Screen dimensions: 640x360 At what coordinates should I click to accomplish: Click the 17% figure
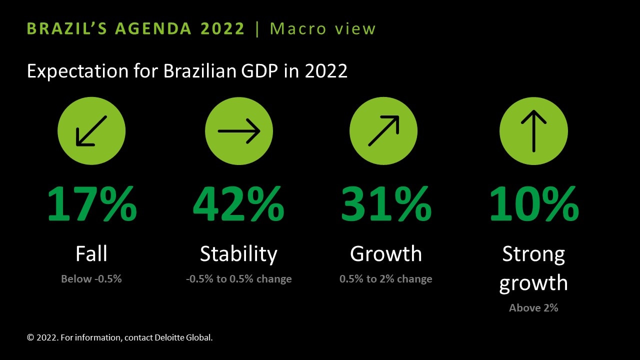[92, 203]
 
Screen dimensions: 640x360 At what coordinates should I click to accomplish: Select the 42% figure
[238, 203]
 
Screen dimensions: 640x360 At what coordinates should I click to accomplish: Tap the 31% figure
[386, 203]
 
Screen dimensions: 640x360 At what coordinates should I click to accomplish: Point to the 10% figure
[534, 203]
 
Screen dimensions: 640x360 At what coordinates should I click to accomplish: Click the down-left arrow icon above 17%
[91, 131]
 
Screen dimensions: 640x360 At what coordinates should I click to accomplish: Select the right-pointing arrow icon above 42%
[239, 131]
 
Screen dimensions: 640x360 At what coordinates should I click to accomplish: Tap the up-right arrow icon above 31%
[383, 131]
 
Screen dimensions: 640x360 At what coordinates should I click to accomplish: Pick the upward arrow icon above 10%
[533, 131]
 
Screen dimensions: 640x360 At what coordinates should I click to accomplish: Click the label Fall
[91, 253]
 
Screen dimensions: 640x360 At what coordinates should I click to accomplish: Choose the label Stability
[238, 254]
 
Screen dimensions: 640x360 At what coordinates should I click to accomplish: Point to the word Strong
[533, 254]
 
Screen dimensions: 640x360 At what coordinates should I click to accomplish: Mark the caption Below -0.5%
[91, 279]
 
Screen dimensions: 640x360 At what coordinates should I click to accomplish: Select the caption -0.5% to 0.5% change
[239, 279]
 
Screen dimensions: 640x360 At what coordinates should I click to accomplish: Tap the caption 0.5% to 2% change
[385, 279]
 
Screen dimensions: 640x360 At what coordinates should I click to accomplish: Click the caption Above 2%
[533, 308]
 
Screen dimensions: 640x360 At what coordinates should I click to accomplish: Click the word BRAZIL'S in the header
[67, 28]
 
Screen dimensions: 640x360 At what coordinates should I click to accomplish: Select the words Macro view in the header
[322, 28]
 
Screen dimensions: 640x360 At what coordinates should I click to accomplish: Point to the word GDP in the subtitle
[259, 71]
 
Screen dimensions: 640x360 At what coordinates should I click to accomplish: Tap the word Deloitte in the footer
[169, 337]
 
